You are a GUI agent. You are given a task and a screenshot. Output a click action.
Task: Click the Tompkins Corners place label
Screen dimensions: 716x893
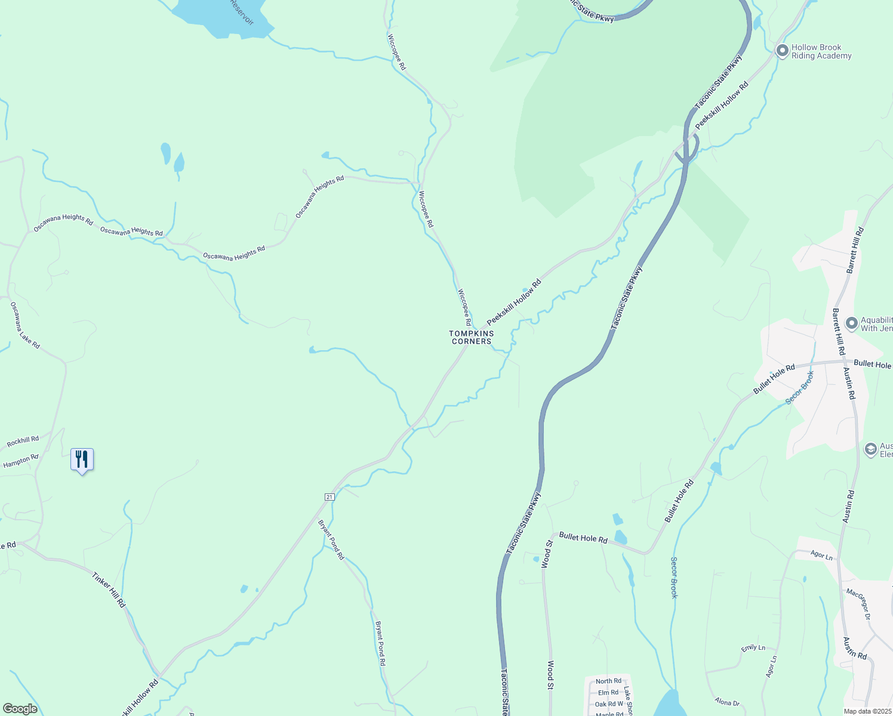[472, 338]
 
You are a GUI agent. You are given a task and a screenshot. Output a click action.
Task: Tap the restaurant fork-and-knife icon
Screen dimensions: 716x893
[82, 459]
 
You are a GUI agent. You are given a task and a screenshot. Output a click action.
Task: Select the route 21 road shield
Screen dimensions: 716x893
[330, 497]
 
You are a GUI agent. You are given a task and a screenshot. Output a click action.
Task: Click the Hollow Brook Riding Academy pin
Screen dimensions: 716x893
[782, 51]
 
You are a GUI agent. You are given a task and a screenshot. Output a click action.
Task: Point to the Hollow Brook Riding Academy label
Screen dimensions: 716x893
[821, 52]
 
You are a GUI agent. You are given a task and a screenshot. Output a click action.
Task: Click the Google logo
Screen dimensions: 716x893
[20, 709]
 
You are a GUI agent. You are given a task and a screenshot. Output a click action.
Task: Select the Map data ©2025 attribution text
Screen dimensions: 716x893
[867, 711]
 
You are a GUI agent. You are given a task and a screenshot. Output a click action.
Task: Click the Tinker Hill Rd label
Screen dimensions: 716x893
[109, 590]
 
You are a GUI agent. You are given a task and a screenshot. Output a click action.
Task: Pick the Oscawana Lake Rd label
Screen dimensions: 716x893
[25, 325]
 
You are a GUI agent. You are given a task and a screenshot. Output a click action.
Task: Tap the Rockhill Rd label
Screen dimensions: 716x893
[23, 442]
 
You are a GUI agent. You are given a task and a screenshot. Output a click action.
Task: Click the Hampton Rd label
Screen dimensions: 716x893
[21, 461]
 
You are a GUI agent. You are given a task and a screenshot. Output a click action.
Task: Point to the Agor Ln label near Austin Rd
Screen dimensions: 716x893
[822, 555]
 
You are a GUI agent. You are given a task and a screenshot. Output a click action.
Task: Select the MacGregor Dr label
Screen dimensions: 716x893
[859, 604]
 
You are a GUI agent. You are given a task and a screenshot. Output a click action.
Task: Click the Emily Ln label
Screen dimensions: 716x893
[753, 647]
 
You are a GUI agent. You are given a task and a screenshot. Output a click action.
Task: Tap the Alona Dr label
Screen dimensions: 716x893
[727, 702]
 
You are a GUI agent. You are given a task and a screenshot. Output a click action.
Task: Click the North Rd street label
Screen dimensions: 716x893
[608, 681]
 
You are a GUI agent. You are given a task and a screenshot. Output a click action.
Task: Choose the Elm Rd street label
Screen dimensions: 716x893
[608, 693]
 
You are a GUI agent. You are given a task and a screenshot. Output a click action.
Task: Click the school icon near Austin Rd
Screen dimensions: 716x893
[871, 449]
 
